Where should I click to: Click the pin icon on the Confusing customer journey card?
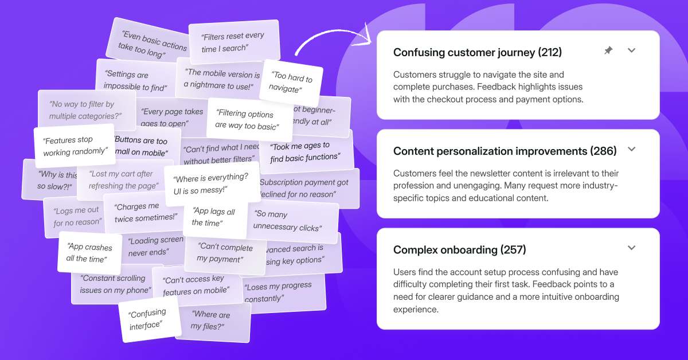[x=608, y=51]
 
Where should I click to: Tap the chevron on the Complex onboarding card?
[x=631, y=248]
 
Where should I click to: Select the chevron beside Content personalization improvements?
[x=631, y=150]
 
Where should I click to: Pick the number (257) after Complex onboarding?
[x=513, y=250]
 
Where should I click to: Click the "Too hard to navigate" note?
[x=291, y=83]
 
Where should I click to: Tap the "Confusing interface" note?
[x=147, y=320]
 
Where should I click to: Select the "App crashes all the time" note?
[x=89, y=253]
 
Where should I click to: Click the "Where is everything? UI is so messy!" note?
[x=211, y=184]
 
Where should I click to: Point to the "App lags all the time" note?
[x=213, y=217]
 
